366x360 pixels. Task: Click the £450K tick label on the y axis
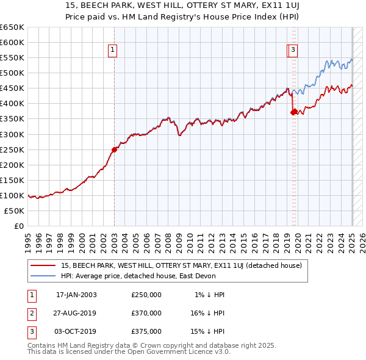coord(12,88)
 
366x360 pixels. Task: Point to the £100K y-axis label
coord(12,195)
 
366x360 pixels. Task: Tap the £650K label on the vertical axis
coord(12,27)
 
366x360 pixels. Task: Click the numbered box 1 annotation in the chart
coord(113,51)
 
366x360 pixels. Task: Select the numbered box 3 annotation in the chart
coord(293,51)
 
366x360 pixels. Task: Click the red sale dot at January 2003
coord(114,149)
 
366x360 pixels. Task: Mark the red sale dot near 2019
coord(293,112)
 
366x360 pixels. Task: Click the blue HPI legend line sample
coord(43,275)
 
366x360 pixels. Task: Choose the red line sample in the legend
coord(43,265)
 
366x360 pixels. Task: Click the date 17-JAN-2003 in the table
coord(76,295)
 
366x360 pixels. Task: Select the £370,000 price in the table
coord(146,313)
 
